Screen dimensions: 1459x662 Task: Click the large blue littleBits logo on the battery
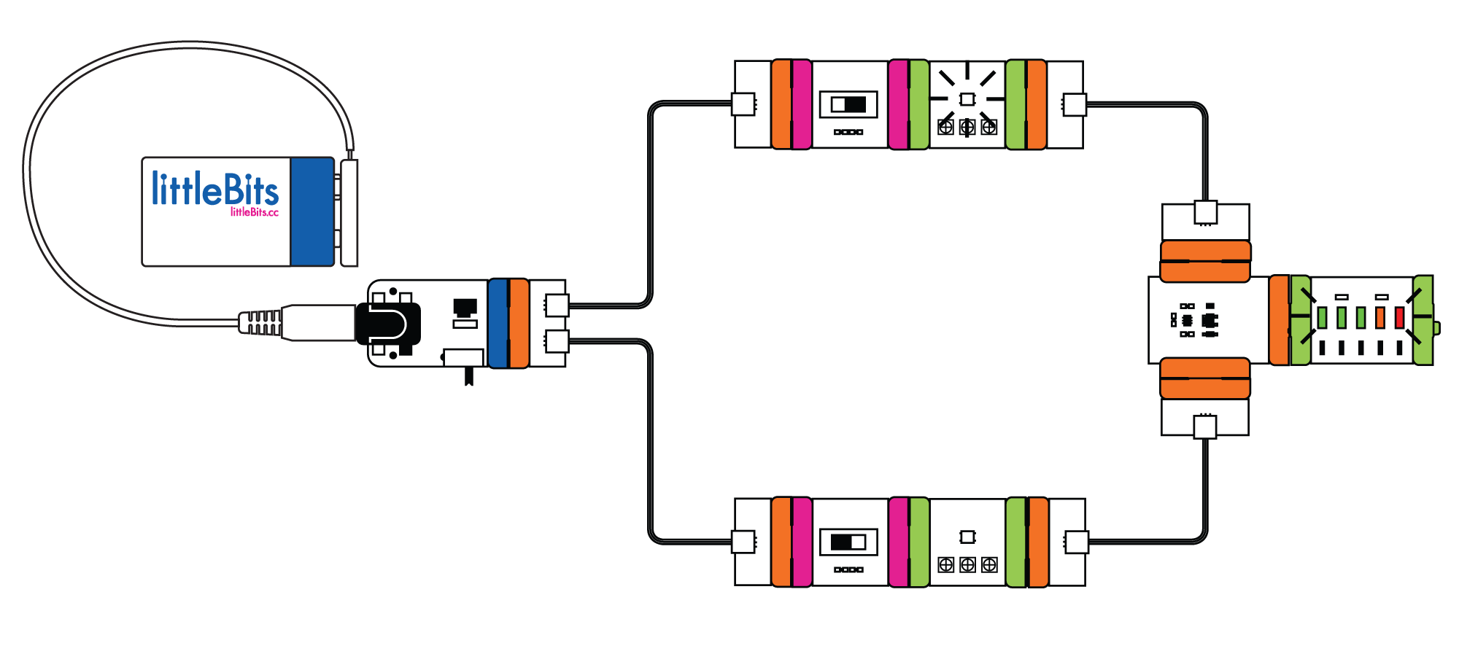point(214,188)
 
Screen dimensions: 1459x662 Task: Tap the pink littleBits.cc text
point(255,212)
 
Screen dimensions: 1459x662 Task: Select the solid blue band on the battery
point(311,211)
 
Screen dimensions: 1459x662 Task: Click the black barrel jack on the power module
point(388,324)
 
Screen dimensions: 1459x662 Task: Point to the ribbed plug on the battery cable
point(260,323)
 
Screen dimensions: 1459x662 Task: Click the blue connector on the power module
point(498,323)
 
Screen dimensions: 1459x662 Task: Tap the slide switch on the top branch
point(848,104)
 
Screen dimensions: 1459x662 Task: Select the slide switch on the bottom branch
point(848,542)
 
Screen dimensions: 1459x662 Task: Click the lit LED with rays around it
point(967,98)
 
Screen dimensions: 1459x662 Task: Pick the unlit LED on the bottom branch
point(967,537)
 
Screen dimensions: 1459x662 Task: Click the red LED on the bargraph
point(1399,318)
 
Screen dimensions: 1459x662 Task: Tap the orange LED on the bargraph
point(1379,318)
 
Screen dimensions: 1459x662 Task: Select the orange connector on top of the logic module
point(1205,261)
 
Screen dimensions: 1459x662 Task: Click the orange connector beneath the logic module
point(1205,378)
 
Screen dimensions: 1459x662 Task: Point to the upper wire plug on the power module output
point(557,305)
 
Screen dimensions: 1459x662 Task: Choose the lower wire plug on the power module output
point(557,340)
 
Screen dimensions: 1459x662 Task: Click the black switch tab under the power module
point(468,376)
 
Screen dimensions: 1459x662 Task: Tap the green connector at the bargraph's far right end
point(1423,320)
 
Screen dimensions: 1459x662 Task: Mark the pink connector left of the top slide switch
point(801,105)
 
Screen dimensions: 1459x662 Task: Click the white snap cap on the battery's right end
point(349,212)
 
